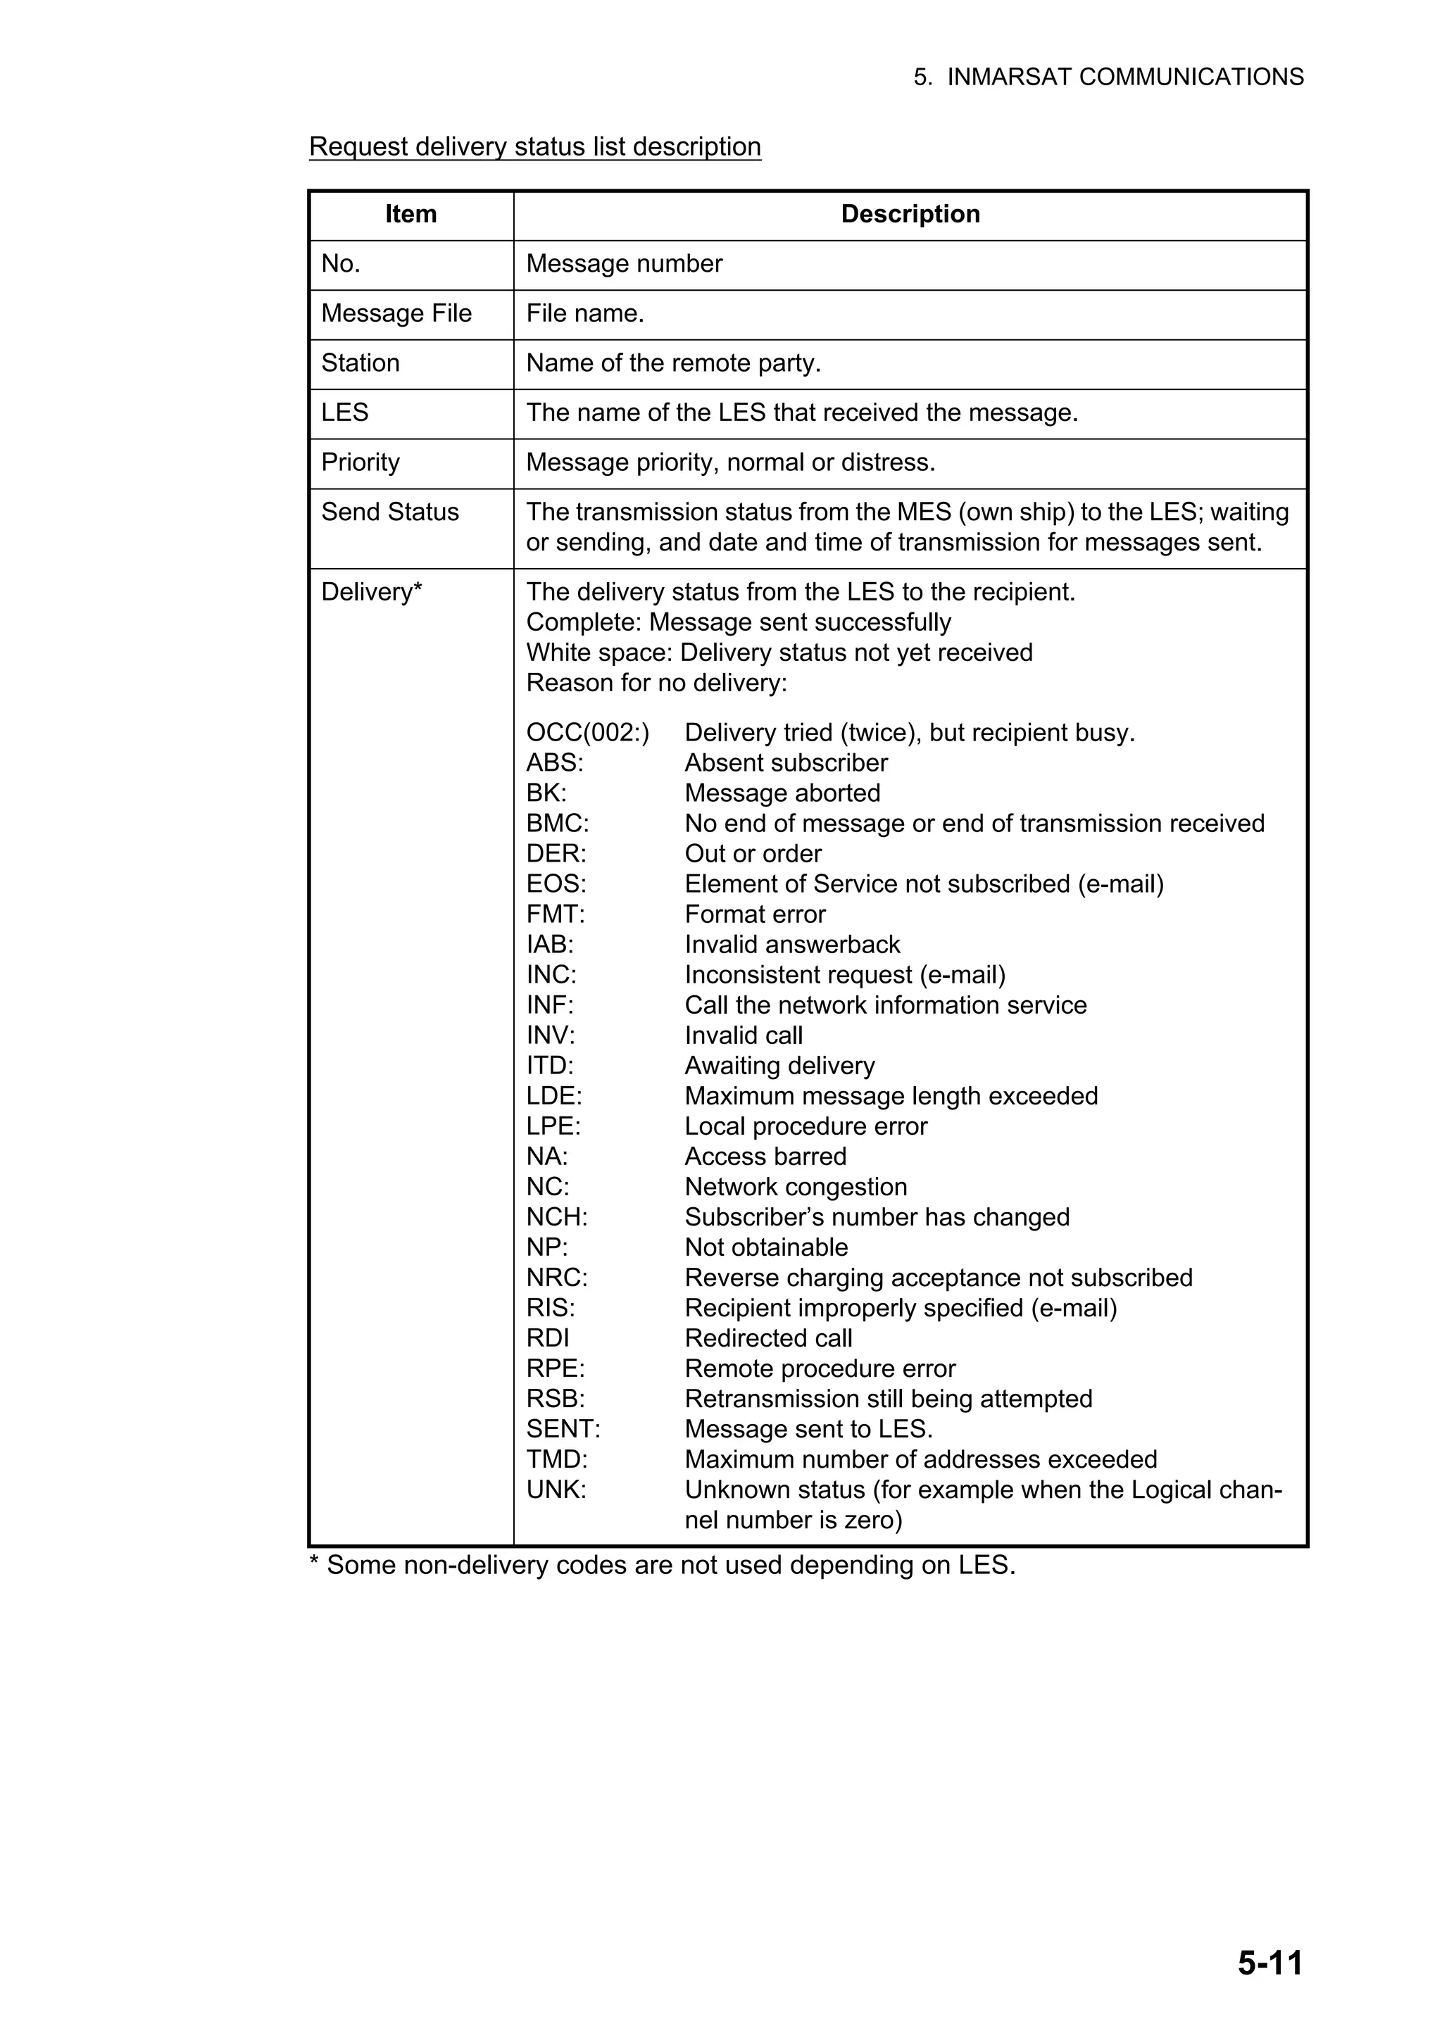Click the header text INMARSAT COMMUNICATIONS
pos(1125,77)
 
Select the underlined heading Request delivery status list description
pos(535,146)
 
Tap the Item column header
pos(410,214)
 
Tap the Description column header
pos(910,214)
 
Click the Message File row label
pos(396,314)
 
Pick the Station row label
pos(360,363)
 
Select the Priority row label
pos(360,463)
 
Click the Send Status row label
pos(390,512)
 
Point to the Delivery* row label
pos(371,593)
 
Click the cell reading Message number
pos(624,264)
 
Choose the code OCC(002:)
pos(587,733)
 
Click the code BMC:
pos(557,824)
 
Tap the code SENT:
pos(563,1430)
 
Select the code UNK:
pos(556,1490)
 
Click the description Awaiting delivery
pos(779,1066)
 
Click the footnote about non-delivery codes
pos(662,1565)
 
